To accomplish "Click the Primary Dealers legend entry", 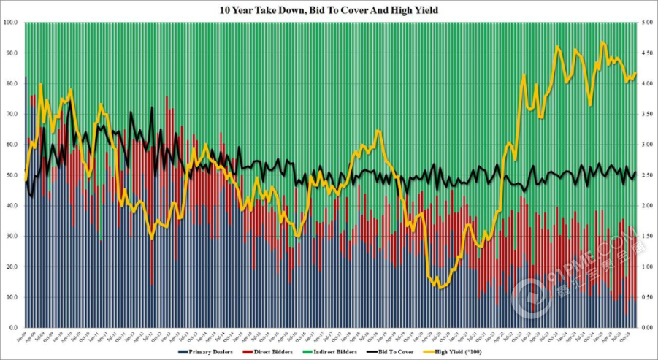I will pos(209,352).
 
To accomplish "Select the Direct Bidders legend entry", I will pos(265,352).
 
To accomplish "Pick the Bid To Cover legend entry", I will pos(383,352).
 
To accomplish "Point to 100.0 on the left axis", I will pos(10,23).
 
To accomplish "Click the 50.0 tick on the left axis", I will pos(12,175).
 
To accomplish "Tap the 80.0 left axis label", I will pos(12,84).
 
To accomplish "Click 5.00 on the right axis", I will pos(648,23).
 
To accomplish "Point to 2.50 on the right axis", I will pos(648,175).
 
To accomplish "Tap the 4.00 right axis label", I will pos(648,84).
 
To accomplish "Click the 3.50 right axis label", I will pos(648,115).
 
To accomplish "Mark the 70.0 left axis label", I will pos(12,115).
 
